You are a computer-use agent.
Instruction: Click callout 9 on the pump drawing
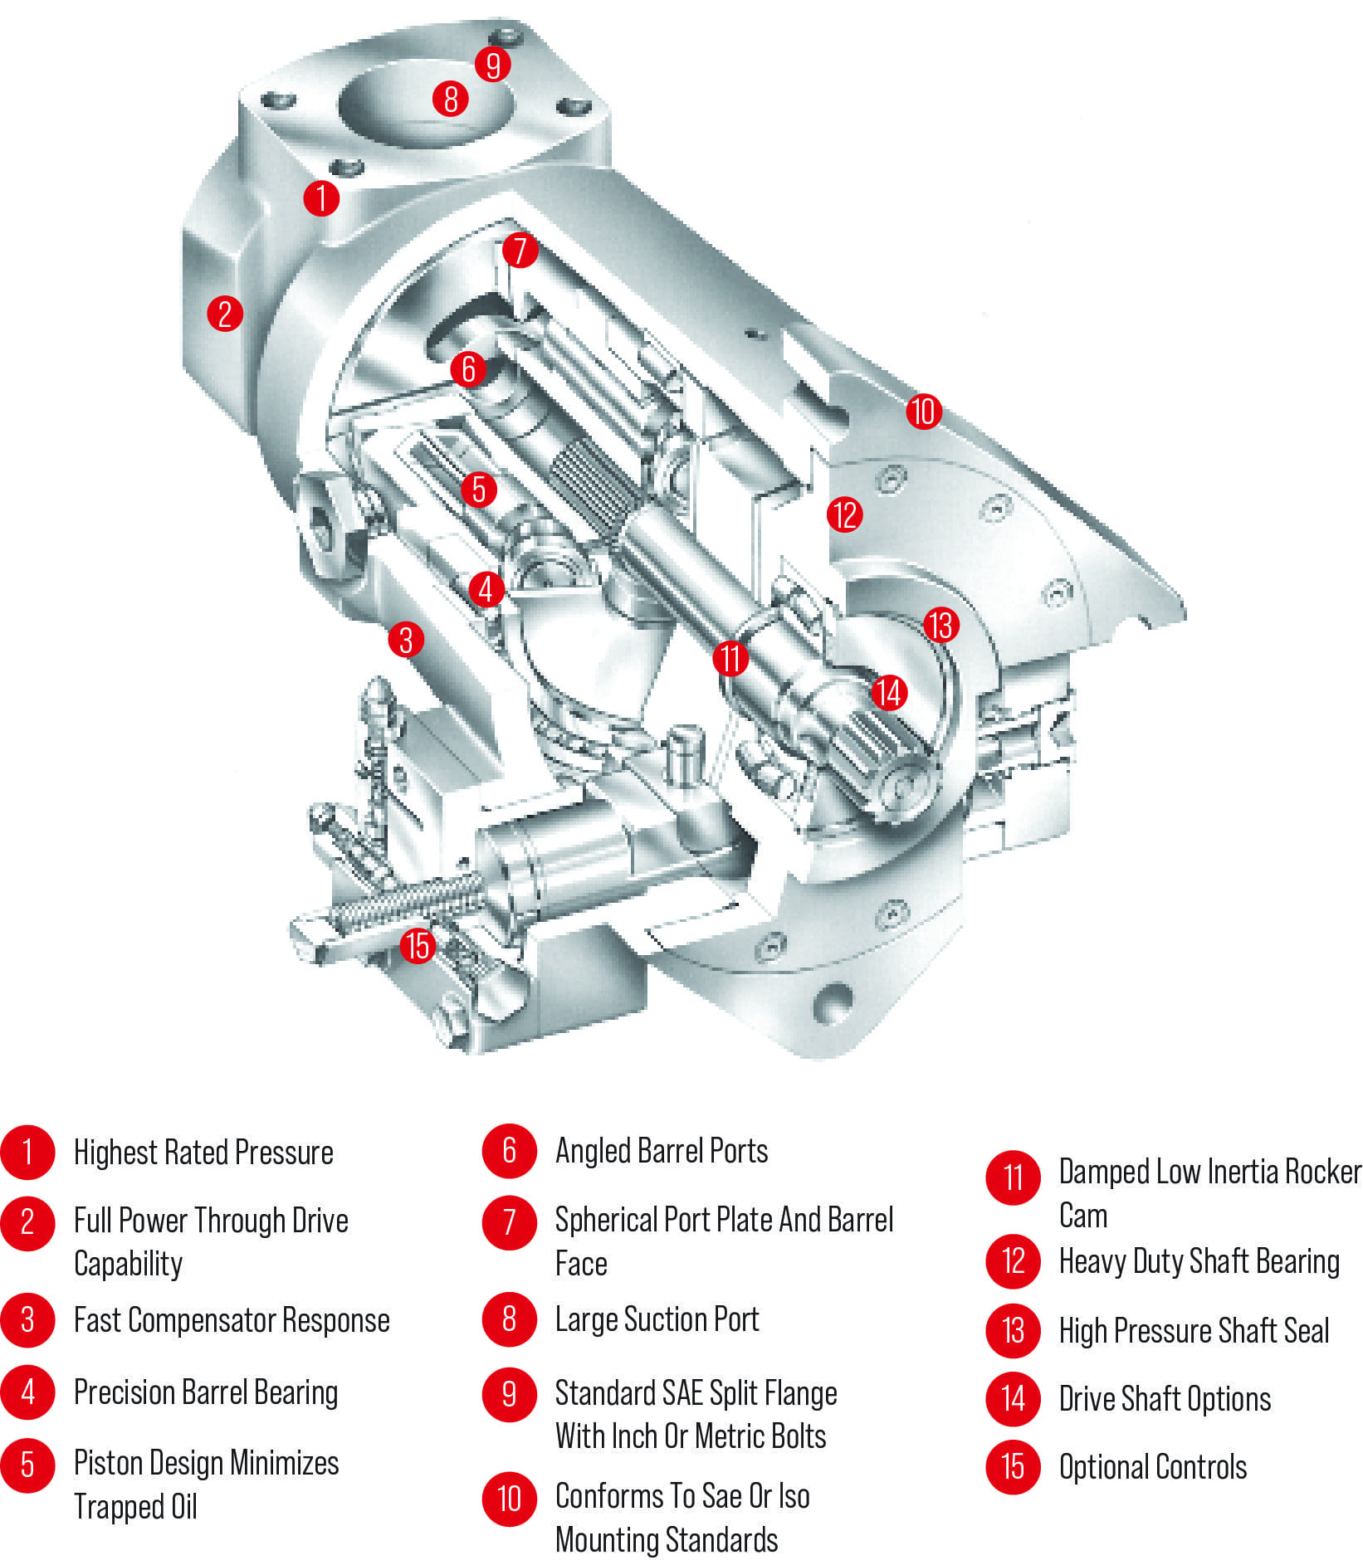(493, 64)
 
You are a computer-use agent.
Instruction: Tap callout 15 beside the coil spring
(418, 945)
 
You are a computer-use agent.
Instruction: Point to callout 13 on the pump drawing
(940, 625)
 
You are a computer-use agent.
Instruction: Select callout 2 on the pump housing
(224, 314)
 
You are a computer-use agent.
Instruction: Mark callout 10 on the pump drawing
(923, 411)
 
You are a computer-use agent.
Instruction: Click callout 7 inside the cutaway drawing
(520, 250)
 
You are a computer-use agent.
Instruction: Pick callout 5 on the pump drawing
(478, 489)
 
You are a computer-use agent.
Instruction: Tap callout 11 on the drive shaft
(730, 658)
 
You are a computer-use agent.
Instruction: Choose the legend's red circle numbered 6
(509, 1150)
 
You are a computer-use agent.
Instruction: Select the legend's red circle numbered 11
(1013, 1177)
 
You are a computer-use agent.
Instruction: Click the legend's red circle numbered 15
(1013, 1466)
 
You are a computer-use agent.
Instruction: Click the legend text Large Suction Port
(657, 1319)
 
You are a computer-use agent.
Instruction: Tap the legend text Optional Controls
(1152, 1466)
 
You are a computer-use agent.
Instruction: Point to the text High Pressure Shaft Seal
(1193, 1330)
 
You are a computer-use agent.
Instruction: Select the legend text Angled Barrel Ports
(661, 1150)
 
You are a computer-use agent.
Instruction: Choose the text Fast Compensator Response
(232, 1319)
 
